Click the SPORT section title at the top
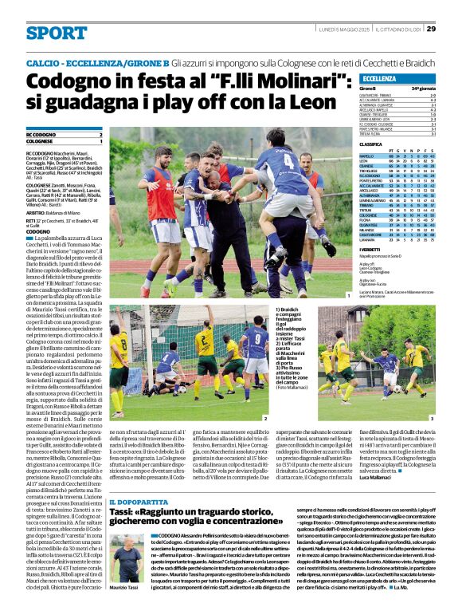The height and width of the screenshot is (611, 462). click(56, 33)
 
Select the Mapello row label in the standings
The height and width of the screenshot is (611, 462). click(367, 156)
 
